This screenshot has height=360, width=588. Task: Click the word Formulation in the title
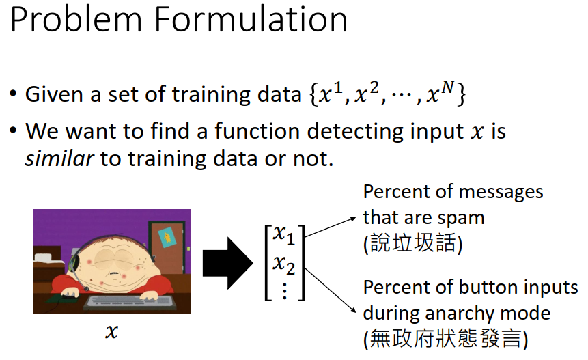251,19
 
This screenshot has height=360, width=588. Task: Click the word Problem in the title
76,19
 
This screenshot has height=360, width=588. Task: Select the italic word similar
59,158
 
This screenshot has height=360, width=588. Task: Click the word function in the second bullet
257,131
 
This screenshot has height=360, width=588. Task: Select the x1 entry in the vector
284,235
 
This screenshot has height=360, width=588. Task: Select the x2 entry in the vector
284,264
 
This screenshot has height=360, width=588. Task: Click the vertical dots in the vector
285,291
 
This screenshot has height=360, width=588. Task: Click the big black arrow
227,263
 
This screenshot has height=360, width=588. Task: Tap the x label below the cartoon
111,331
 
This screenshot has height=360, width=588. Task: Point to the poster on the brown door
167,237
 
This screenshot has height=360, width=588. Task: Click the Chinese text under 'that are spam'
412,243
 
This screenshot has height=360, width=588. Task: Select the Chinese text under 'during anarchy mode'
445,339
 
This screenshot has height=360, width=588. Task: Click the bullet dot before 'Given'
14,93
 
